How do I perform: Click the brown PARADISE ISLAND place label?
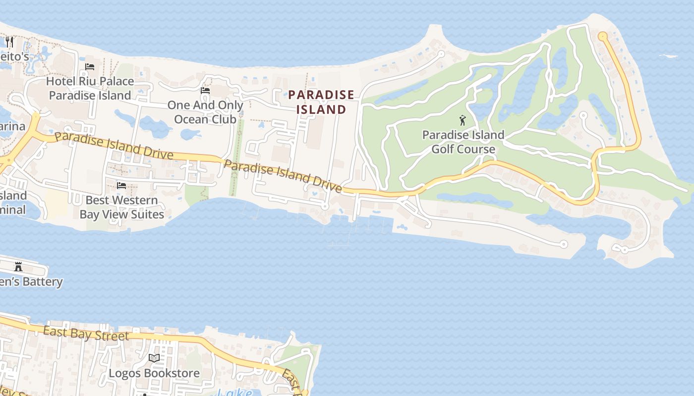(x=321, y=102)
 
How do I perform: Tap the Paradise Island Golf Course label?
(x=463, y=142)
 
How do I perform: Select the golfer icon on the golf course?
(x=463, y=120)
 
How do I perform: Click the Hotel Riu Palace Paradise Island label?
(x=90, y=88)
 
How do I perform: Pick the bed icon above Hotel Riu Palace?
(x=90, y=67)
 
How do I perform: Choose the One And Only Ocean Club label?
(x=205, y=112)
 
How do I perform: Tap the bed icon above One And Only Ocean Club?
(x=205, y=91)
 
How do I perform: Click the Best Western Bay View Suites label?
(x=121, y=207)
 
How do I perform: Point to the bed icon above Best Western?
(x=121, y=186)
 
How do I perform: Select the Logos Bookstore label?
(x=154, y=373)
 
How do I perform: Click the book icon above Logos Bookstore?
(x=154, y=358)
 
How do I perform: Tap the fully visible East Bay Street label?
(x=86, y=333)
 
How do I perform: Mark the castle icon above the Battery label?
(x=18, y=267)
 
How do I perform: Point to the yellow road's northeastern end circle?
(x=603, y=36)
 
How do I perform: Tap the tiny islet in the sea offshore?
(x=668, y=56)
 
